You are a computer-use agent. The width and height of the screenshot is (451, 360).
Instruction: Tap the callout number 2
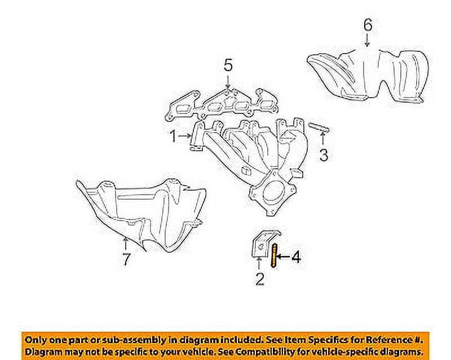coord(259,279)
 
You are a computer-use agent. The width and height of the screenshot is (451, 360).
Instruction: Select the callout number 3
coord(323,155)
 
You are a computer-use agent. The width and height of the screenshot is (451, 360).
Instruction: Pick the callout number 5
coord(227,66)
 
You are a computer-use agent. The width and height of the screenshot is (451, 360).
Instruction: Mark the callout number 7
coord(126,260)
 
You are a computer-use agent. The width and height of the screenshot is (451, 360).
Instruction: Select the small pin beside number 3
coord(319,128)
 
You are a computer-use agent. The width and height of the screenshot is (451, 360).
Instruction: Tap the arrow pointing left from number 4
coord(283,257)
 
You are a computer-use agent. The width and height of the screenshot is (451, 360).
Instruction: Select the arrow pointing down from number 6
coord(367,39)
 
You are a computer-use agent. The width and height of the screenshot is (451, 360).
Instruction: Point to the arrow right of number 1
coord(187,136)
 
